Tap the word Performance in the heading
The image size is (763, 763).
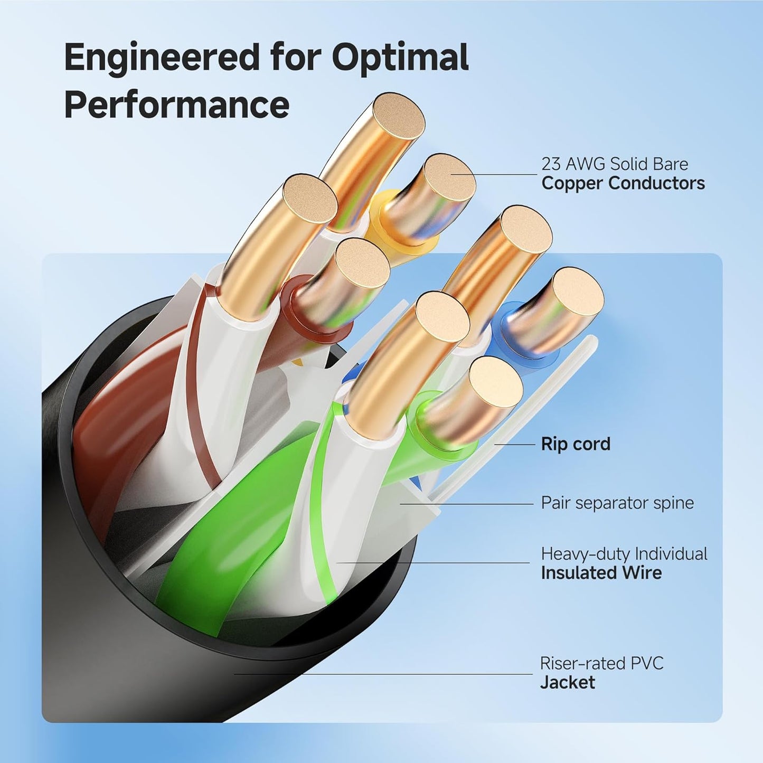pos(176,105)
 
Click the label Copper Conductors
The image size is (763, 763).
pos(623,183)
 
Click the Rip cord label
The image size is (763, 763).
pos(575,444)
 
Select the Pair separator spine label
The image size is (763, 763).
pos(617,503)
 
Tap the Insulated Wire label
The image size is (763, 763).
pos(601,573)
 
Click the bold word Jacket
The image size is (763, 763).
pos(567,683)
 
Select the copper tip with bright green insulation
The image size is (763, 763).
pos(495,381)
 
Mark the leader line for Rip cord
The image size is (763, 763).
pos(515,445)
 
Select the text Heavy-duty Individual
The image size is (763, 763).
pos(624,554)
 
